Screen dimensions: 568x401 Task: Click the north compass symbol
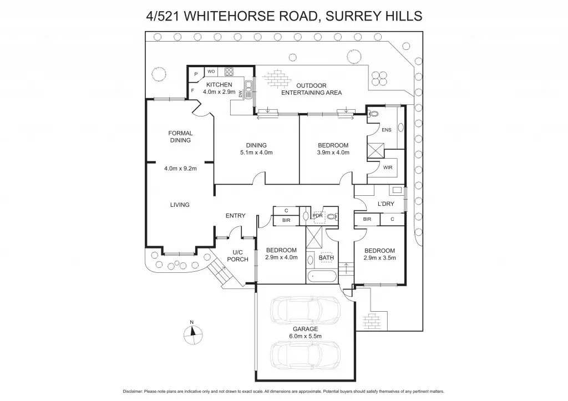[x=191, y=332]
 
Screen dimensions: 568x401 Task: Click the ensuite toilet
[x=373, y=113]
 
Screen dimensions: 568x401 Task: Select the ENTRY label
[x=235, y=216]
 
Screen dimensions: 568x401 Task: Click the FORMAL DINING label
[x=180, y=136]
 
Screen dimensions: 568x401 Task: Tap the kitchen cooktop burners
[x=229, y=72]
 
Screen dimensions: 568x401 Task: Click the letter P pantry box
[x=196, y=73]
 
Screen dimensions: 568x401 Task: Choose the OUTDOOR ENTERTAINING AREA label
[x=311, y=89]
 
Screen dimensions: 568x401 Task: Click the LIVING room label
[x=180, y=205]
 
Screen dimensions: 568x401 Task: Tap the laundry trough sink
[x=397, y=190]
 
